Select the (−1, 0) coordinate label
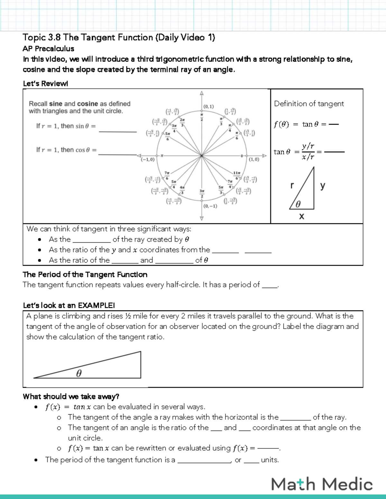click(x=148, y=159)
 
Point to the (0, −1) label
click(x=210, y=206)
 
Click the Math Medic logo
click(x=322, y=484)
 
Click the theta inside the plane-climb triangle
click(x=79, y=373)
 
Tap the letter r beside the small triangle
click(x=292, y=185)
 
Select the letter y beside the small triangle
click(x=322, y=185)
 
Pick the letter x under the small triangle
click(x=301, y=216)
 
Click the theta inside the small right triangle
click(x=298, y=204)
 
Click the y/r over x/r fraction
click(x=308, y=151)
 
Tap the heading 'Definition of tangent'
click(x=309, y=104)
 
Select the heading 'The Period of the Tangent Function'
click(x=85, y=274)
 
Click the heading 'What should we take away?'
click(x=71, y=397)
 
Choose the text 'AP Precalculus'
click(x=48, y=49)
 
